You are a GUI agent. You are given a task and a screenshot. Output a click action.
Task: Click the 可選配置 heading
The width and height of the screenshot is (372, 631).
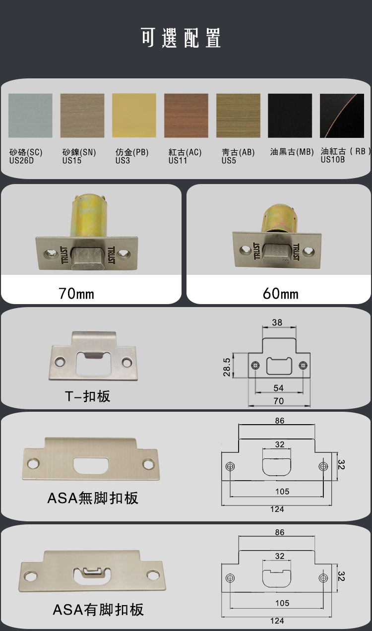click(x=181, y=38)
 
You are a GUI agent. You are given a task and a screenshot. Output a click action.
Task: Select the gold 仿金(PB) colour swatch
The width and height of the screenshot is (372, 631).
click(x=134, y=116)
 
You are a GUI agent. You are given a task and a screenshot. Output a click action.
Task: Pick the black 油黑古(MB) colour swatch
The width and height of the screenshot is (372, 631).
click(x=290, y=116)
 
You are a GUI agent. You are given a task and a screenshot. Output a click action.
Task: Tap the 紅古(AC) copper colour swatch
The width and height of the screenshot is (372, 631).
click(x=186, y=116)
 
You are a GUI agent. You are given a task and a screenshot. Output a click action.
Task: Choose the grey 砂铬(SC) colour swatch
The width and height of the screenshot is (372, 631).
click(x=30, y=116)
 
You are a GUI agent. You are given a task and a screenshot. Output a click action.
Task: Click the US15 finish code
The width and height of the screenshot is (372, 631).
click(x=72, y=161)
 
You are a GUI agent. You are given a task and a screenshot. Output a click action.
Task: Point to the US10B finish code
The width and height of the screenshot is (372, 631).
click(x=333, y=159)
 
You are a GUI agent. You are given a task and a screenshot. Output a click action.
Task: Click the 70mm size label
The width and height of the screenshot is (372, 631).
click(x=76, y=294)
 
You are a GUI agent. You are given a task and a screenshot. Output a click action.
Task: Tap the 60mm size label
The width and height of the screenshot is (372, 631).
click(x=280, y=294)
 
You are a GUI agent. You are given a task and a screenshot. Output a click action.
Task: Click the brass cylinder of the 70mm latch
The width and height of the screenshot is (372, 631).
click(x=89, y=215)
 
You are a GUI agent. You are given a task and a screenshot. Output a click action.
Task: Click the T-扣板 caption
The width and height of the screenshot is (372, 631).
click(x=88, y=396)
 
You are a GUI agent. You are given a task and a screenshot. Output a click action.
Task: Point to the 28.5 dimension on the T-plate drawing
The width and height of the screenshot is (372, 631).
click(x=227, y=367)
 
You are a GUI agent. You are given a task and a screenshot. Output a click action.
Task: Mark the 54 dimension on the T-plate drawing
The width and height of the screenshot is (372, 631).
click(x=279, y=388)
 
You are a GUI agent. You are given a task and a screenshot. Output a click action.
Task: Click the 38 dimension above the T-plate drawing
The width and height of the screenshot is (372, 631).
click(x=277, y=322)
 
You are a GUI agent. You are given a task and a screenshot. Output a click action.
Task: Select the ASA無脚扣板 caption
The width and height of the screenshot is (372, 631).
click(x=93, y=498)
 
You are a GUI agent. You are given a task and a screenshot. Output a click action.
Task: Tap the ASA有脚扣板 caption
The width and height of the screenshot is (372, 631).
click(x=98, y=610)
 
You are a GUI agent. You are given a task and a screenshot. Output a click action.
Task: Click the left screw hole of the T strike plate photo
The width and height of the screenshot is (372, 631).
click(x=60, y=362)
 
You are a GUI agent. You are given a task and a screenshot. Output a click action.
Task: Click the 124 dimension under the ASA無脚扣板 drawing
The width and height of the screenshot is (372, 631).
click(x=277, y=509)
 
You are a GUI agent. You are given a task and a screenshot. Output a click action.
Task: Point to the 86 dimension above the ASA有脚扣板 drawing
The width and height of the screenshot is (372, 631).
click(x=280, y=532)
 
